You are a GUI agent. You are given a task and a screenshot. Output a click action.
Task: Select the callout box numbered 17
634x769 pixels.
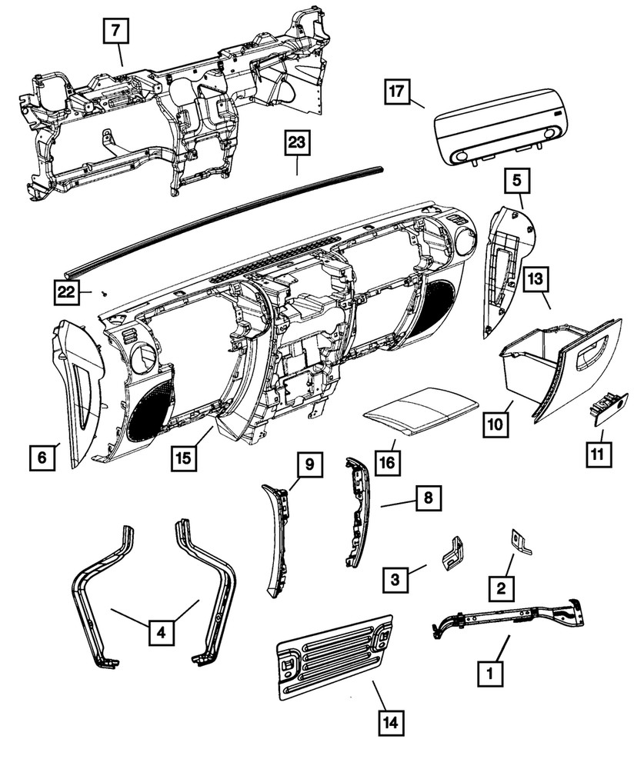point(395,92)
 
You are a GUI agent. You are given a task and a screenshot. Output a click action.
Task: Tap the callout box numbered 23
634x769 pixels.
point(297,143)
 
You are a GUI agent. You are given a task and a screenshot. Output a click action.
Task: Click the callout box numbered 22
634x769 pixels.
point(67,292)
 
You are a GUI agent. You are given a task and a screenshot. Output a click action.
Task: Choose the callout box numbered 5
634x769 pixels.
point(517,181)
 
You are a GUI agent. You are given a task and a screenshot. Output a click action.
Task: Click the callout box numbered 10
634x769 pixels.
point(496,423)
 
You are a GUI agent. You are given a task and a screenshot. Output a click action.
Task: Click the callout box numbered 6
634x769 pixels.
point(43,458)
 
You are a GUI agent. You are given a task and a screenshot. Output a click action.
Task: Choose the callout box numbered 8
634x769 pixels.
point(428,498)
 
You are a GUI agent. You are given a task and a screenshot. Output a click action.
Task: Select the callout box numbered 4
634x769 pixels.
point(161,632)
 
